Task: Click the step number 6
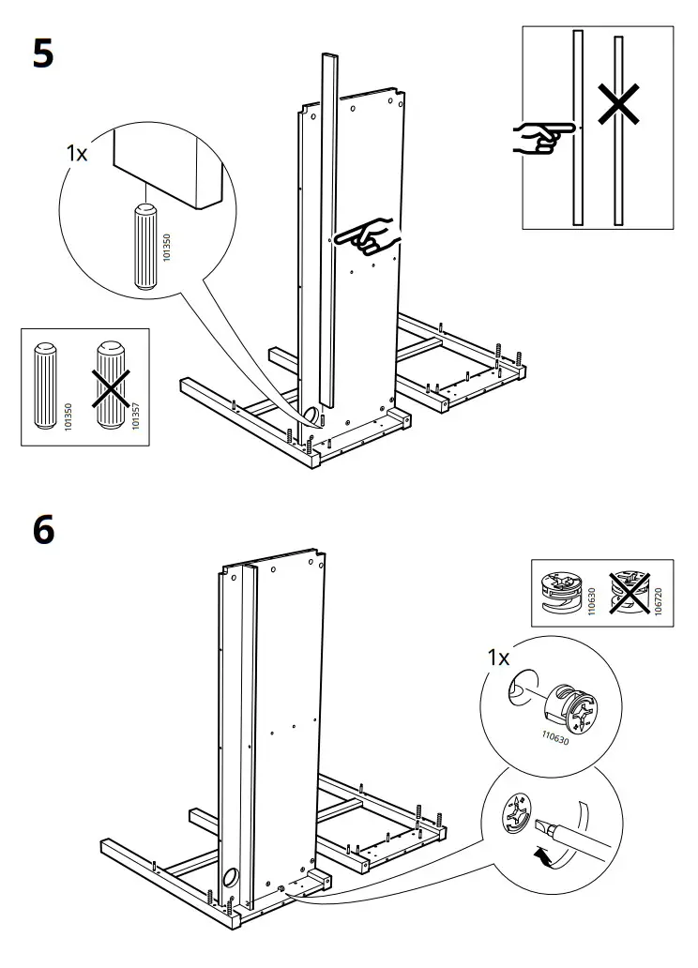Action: pos(44,530)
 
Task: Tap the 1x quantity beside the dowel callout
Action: pos(77,153)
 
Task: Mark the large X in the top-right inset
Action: pos(619,106)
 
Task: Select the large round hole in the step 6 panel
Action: pos(229,879)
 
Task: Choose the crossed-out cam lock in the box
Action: pos(628,593)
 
